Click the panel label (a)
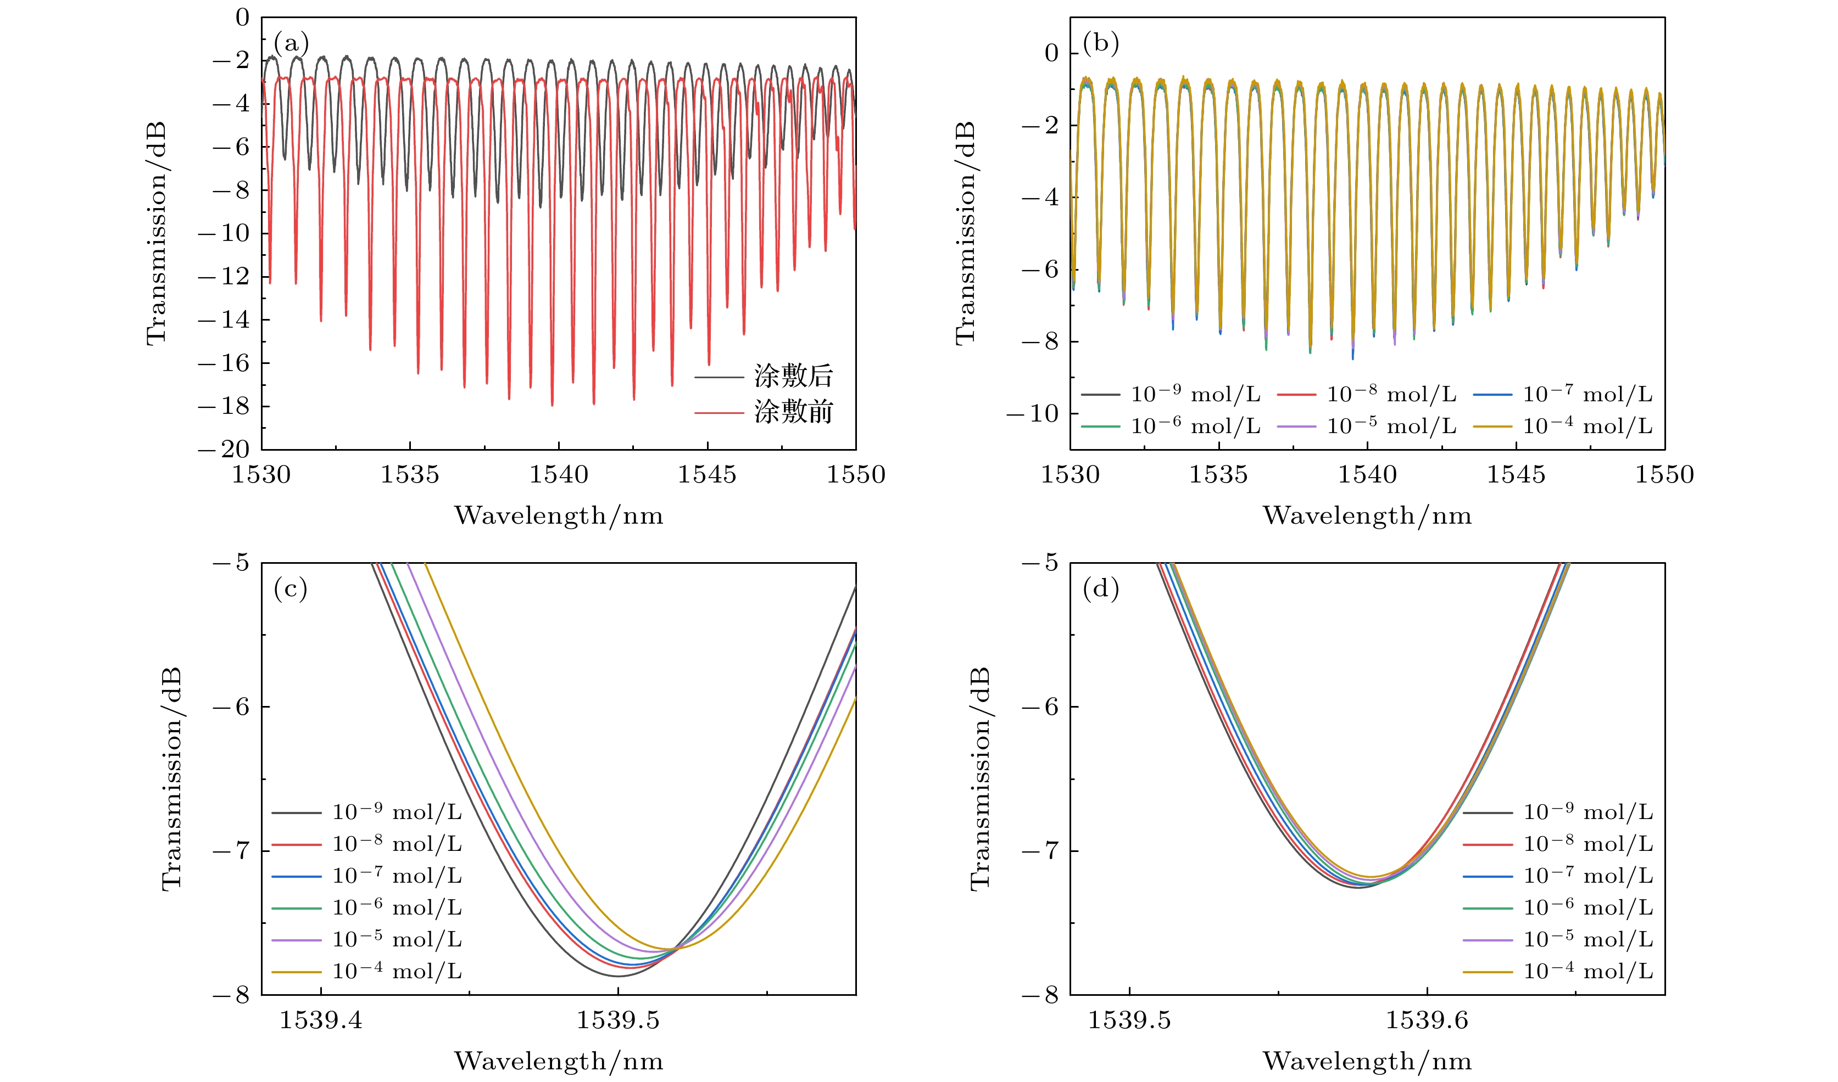click(x=291, y=44)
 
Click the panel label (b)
click(x=1101, y=44)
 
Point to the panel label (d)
click(x=1101, y=588)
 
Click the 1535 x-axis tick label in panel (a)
click(x=410, y=475)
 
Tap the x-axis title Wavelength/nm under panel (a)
click(x=559, y=516)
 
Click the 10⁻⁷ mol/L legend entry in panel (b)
click(x=1587, y=395)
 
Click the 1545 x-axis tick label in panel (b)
click(x=1516, y=475)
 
